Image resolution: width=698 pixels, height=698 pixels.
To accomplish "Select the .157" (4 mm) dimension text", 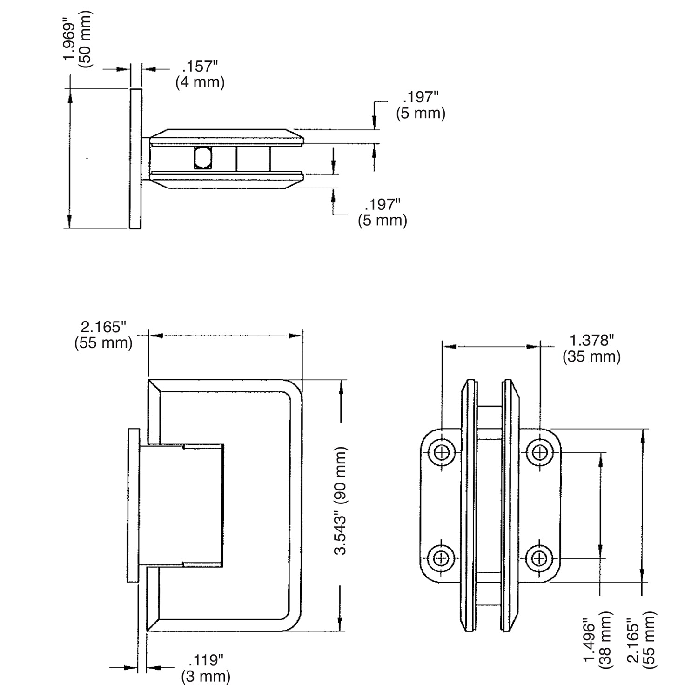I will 200,74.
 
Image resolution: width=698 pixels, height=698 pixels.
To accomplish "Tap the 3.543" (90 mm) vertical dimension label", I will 342,501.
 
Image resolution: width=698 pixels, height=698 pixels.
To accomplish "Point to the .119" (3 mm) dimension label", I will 206,668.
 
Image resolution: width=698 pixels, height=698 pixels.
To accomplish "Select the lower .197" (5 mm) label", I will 382,212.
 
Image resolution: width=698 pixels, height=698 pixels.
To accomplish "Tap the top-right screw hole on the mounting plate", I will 539,451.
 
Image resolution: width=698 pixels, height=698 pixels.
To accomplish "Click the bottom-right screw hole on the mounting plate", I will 539,557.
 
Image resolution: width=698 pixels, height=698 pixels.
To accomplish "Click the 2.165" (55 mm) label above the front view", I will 103,335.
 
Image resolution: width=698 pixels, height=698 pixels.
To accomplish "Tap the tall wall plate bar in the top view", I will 135,158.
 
